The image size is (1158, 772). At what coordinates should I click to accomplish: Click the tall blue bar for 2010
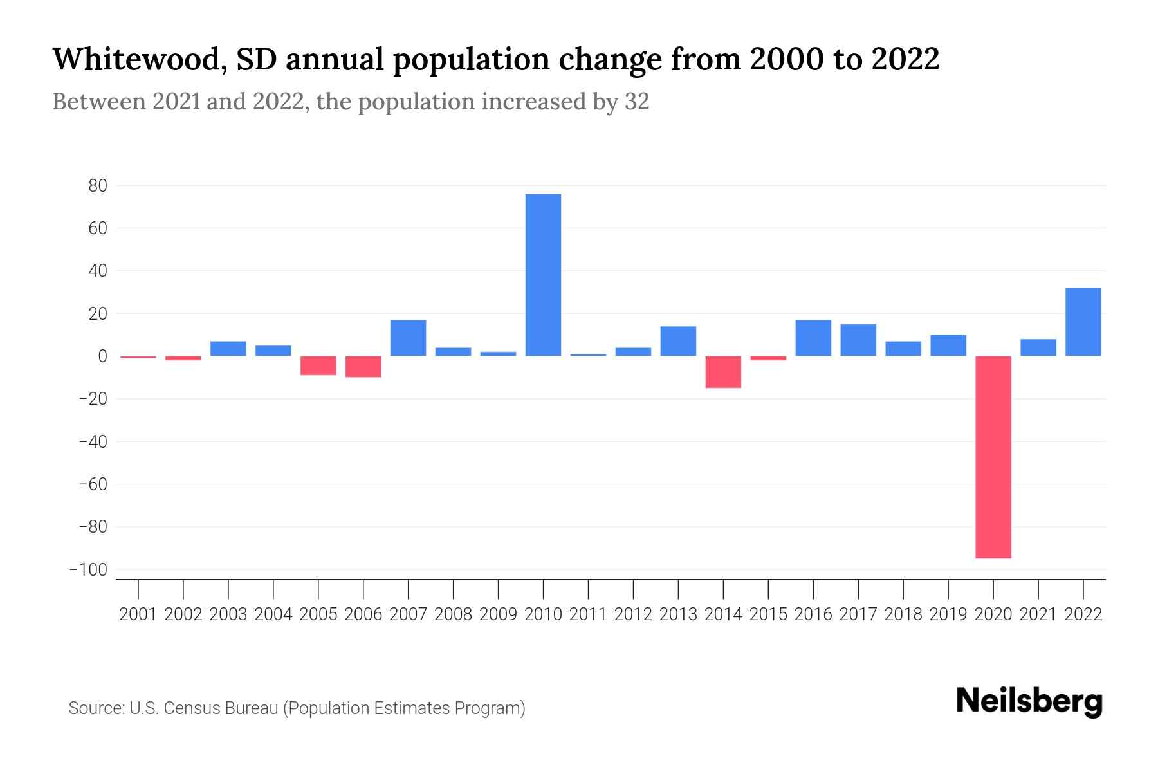click(543, 275)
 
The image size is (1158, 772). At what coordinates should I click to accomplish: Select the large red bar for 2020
click(993, 457)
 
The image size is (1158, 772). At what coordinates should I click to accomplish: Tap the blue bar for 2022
click(1083, 322)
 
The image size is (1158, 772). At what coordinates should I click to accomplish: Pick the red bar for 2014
click(723, 372)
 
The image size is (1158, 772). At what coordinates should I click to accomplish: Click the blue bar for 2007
click(408, 338)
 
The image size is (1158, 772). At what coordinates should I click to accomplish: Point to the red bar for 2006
click(363, 367)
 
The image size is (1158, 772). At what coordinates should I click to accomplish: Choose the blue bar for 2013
click(678, 341)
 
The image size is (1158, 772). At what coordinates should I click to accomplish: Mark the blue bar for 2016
click(813, 338)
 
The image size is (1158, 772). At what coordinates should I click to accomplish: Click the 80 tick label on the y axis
click(98, 186)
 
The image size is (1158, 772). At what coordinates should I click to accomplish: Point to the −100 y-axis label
click(88, 570)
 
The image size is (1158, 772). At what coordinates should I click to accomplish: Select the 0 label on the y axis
click(102, 356)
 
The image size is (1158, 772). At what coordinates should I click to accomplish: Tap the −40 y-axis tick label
click(93, 442)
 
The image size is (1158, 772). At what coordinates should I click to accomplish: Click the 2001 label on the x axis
click(138, 614)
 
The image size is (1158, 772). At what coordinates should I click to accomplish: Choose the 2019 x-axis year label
click(948, 614)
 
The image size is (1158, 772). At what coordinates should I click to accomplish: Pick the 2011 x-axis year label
click(588, 614)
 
